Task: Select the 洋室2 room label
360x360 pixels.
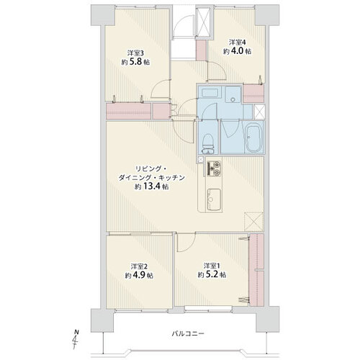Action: (x=139, y=266)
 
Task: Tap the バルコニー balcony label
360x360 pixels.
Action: (x=188, y=333)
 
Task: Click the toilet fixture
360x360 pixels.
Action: (x=208, y=144)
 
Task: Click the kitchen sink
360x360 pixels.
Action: (x=214, y=199)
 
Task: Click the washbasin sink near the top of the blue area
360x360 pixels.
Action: (x=210, y=93)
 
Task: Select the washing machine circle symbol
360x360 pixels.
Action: (x=233, y=99)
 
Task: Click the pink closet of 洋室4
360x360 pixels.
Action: (x=253, y=93)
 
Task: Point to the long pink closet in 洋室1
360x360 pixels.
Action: (x=257, y=270)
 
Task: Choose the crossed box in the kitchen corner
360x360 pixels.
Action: (x=253, y=221)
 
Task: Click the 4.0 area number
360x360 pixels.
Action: (x=238, y=51)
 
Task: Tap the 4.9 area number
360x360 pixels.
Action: (x=140, y=275)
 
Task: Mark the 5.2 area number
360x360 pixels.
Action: (x=212, y=274)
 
